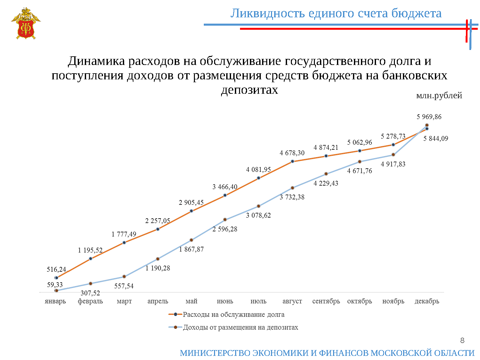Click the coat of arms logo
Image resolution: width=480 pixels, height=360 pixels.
pyautogui.click(x=26, y=24)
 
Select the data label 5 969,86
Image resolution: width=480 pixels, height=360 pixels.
pyautogui.click(x=429, y=117)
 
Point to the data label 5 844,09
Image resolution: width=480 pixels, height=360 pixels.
pyautogui.click(x=436, y=139)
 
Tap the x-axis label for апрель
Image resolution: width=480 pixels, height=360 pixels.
pyautogui.click(x=157, y=301)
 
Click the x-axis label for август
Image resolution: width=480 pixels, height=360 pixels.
pyautogui.click(x=292, y=301)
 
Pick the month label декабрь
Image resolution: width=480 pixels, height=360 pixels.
pyautogui.click(x=427, y=301)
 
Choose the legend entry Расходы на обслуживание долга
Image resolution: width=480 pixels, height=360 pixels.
pyautogui.click(x=233, y=315)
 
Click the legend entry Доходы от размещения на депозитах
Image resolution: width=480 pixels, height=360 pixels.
pyautogui.click(x=240, y=327)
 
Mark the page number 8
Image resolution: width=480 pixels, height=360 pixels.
pyautogui.click(x=462, y=340)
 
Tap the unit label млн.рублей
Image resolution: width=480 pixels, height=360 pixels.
pyautogui.click(x=439, y=95)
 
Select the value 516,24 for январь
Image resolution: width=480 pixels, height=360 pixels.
pyautogui.click(x=56, y=269)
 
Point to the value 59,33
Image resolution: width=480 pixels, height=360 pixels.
pyautogui.click(x=55, y=285)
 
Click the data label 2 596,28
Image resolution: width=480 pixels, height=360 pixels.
pyautogui.click(x=225, y=229)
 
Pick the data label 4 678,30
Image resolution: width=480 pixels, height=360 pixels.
pyautogui.click(x=292, y=153)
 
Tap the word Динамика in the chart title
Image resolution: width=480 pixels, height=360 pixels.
pyautogui.click(x=97, y=61)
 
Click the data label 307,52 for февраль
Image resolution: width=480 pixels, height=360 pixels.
pyautogui.click(x=90, y=293)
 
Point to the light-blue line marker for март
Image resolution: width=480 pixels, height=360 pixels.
pyautogui.click(x=124, y=276)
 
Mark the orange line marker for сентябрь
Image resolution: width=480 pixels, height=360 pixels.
pyautogui.click(x=326, y=156)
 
